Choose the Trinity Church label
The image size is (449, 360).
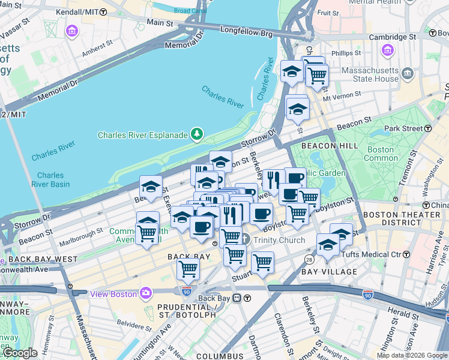pos(279,240)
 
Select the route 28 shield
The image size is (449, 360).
pos(309,259)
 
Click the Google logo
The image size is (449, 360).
pos(20,352)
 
